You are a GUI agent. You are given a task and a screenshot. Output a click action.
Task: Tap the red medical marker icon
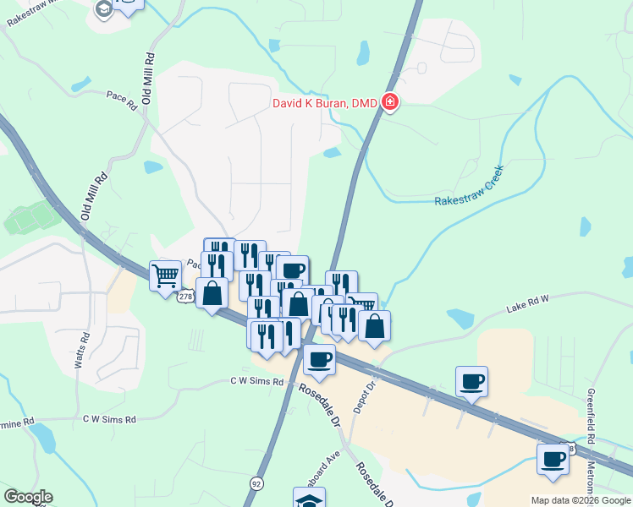point(390,103)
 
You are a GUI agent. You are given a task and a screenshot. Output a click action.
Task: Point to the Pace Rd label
point(122,99)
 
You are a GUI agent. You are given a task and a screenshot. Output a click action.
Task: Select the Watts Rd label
point(84,349)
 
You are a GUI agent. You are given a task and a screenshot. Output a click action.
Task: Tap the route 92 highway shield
point(256,483)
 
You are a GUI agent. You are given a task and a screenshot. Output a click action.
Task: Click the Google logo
point(28,497)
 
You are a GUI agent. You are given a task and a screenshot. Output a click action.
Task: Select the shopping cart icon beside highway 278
point(165,275)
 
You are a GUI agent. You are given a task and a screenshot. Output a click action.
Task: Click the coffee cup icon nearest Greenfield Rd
point(553,460)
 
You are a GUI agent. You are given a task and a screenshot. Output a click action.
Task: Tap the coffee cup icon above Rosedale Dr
point(319,359)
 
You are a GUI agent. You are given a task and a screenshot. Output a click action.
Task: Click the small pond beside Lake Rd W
point(461,318)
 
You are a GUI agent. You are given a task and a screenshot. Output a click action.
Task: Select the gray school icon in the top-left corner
point(103,8)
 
